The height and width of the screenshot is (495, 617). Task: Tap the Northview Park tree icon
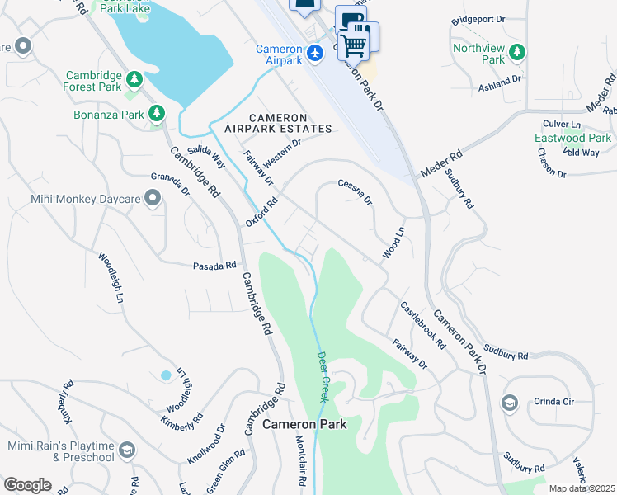click(x=517, y=53)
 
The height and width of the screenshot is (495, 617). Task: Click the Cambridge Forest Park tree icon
click(x=133, y=80)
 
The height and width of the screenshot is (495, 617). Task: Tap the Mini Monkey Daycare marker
click(x=152, y=198)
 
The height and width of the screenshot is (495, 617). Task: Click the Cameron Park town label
click(x=304, y=425)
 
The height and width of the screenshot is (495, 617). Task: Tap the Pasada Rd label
click(x=214, y=266)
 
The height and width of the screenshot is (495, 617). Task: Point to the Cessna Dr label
click(x=356, y=192)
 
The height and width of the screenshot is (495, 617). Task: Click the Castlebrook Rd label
click(x=423, y=324)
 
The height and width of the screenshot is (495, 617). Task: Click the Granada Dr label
click(x=170, y=183)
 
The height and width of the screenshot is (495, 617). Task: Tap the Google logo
click(x=27, y=485)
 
